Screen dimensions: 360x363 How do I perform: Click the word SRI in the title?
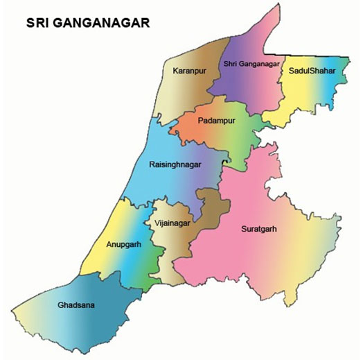point(37,24)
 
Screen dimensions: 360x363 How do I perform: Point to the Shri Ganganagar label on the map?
point(251,65)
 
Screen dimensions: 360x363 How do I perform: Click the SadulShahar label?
point(312,71)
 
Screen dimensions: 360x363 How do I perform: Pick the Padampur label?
point(217,120)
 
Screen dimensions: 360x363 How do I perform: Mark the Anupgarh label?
point(125,244)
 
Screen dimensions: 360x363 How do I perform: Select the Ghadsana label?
point(76,305)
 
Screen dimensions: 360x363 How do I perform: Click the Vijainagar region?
point(173,243)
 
